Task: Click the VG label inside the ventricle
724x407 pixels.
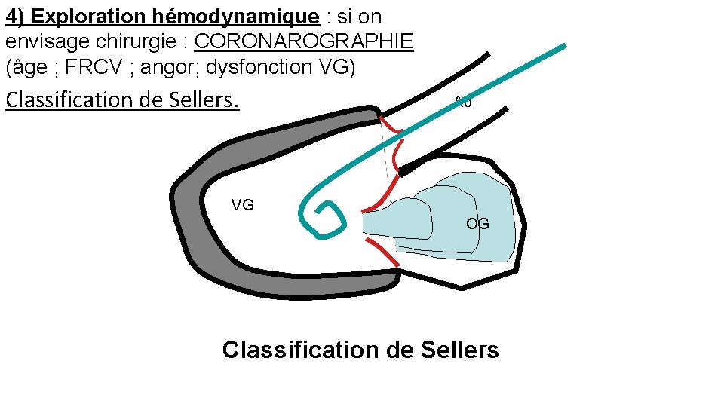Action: pyautogui.click(x=242, y=205)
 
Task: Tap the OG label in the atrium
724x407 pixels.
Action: pyautogui.click(x=477, y=224)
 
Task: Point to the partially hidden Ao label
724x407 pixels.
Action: pyautogui.click(x=462, y=103)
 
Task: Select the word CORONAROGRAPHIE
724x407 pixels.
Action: pyautogui.click(x=303, y=41)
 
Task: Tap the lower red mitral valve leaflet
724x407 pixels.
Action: pyautogui.click(x=382, y=252)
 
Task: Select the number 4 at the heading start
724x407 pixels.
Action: pyautogui.click(x=11, y=17)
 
